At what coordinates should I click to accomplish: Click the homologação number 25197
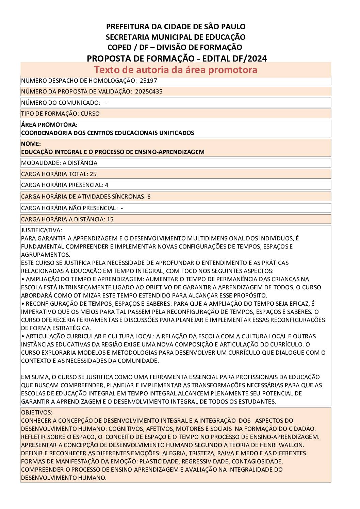pos(148,81)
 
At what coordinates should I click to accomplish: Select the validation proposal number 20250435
pos(149,91)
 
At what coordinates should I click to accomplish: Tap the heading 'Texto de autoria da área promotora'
pos(176,70)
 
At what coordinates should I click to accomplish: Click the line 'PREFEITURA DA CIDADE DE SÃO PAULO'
pos(176,27)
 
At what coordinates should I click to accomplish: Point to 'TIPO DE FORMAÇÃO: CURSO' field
pos(60,114)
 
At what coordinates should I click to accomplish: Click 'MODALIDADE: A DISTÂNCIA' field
pos(59,163)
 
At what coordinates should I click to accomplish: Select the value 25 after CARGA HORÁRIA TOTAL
pos(93,174)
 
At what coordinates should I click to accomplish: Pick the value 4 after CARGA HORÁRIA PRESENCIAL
pos(107,185)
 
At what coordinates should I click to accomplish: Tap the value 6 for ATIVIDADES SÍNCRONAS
pos(149,197)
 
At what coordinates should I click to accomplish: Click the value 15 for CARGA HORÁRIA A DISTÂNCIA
pos(110,219)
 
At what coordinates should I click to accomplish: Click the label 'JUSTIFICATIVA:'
pos(42,230)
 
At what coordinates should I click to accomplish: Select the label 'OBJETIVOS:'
pos(37,412)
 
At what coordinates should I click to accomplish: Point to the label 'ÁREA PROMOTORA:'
pos(49,125)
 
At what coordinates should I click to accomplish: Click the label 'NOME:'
pos(31,144)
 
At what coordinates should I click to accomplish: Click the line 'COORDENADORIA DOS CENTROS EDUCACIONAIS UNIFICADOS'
pos(108,133)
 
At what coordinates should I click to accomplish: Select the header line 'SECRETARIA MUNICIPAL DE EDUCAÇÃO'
pos(176,37)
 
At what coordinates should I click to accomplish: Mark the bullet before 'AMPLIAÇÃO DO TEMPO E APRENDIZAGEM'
pos(22,279)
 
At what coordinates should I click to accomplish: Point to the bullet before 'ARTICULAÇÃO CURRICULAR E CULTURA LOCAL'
pos(22,336)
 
